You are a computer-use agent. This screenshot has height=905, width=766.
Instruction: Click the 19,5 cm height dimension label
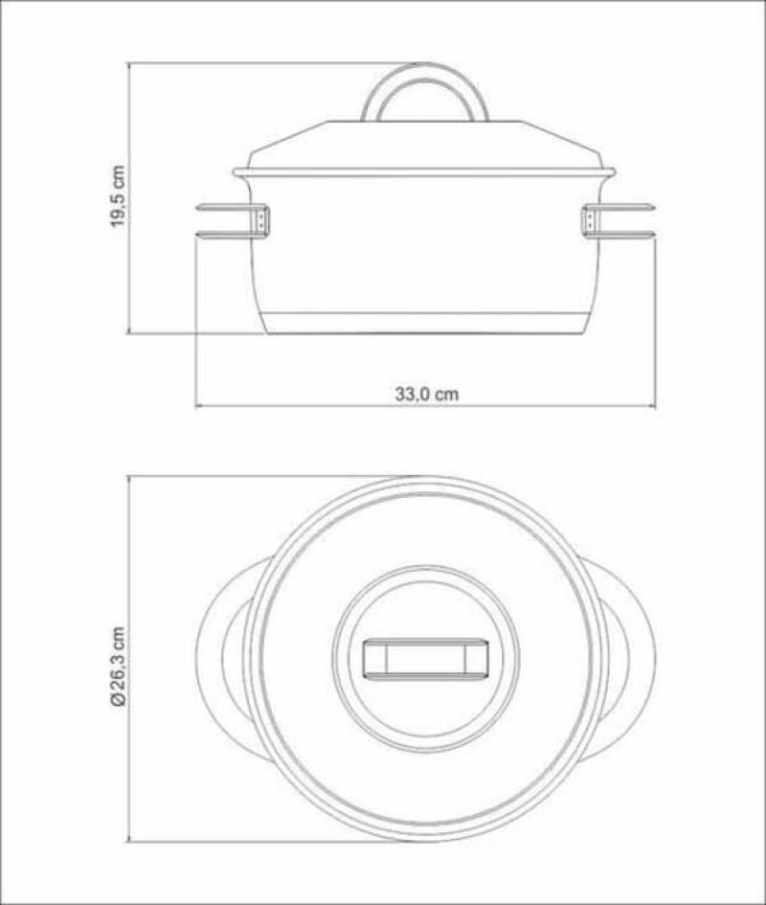[118, 196]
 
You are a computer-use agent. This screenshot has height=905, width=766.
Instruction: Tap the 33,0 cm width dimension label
[427, 395]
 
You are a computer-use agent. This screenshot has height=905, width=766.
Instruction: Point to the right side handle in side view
[619, 220]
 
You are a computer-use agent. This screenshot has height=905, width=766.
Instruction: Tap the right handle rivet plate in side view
[590, 220]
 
